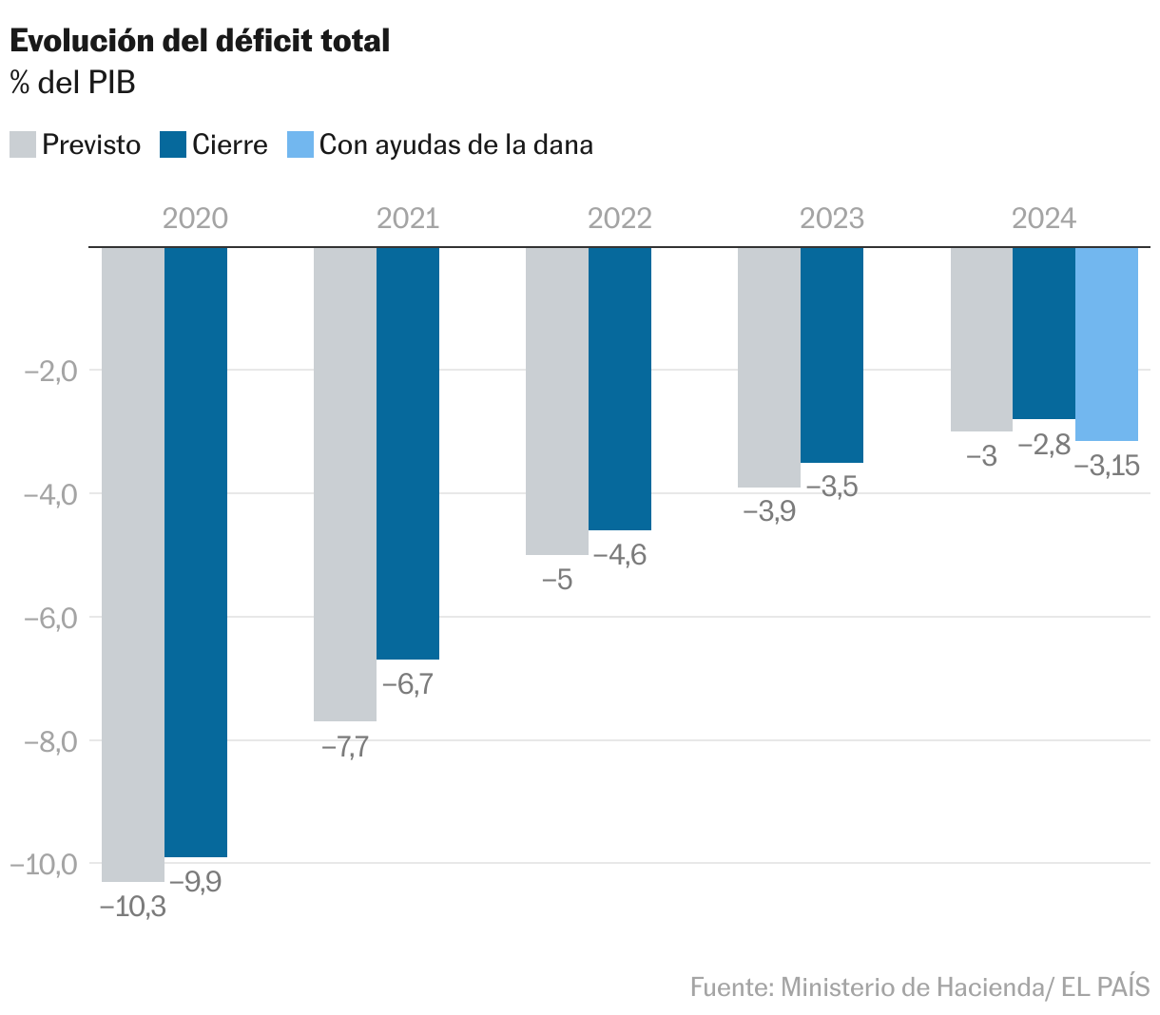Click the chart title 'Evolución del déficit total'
pyautogui.click(x=200, y=41)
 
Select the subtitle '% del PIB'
pyautogui.click(x=73, y=83)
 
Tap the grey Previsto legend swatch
pyautogui.click(x=23, y=144)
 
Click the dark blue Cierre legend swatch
pyautogui.click(x=173, y=144)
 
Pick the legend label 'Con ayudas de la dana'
pyautogui.click(x=455, y=144)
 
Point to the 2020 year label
pyautogui.click(x=195, y=219)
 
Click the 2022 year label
pyautogui.click(x=619, y=219)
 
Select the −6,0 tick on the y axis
pyautogui.click(x=48, y=618)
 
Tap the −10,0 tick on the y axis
pyautogui.click(x=44, y=864)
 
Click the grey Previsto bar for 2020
pyautogui.click(x=133, y=561)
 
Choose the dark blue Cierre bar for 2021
pyautogui.click(x=408, y=451)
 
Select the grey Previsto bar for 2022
pyautogui.click(x=557, y=399)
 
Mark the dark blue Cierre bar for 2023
pyautogui.click(x=832, y=354)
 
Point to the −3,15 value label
pyautogui.click(x=1107, y=466)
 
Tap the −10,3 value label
pyautogui.click(x=133, y=907)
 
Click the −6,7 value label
pyautogui.click(x=408, y=684)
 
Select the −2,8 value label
pyautogui.click(x=1045, y=444)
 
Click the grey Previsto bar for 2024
pyautogui.click(x=982, y=338)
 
